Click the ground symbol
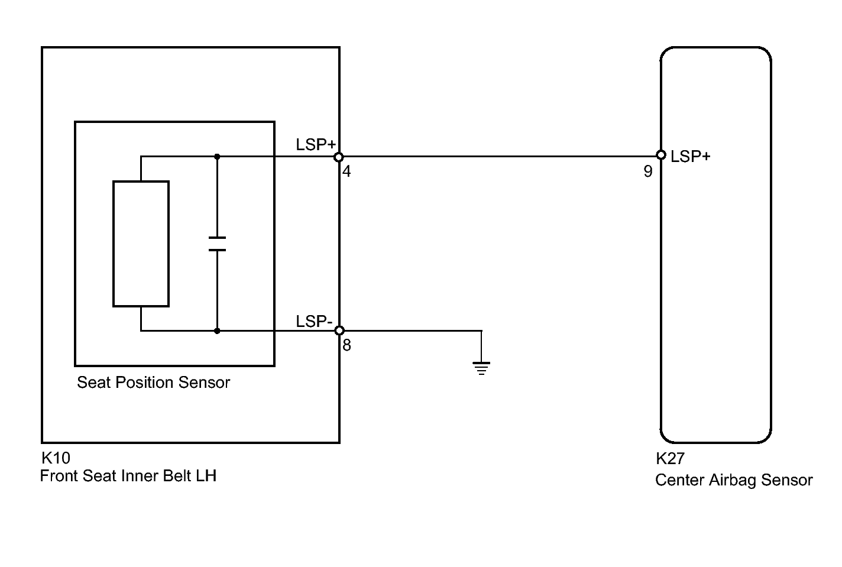(x=481, y=368)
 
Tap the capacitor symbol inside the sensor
(x=217, y=244)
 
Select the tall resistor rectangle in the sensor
(x=141, y=244)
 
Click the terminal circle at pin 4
(x=339, y=157)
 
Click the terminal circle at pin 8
(x=339, y=331)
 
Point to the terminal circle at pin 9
(x=661, y=155)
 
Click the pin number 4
(x=346, y=171)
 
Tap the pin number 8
(x=346, y=345)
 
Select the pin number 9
(x=648, y=171)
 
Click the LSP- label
(x=314, y=322)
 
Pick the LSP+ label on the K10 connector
(x=316, y=145)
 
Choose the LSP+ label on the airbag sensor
(x=691, y=156)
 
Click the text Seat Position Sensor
(x=153, y=383)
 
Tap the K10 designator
(x=56, y=458)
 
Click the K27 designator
(x=670, y=458)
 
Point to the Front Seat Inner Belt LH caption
(x=128, y=476)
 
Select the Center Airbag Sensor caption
(x=734, y=480)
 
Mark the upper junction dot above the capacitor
(x=217, y=156)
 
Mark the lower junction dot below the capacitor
(x=217, y=331)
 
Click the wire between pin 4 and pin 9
(x=500, y=156)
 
